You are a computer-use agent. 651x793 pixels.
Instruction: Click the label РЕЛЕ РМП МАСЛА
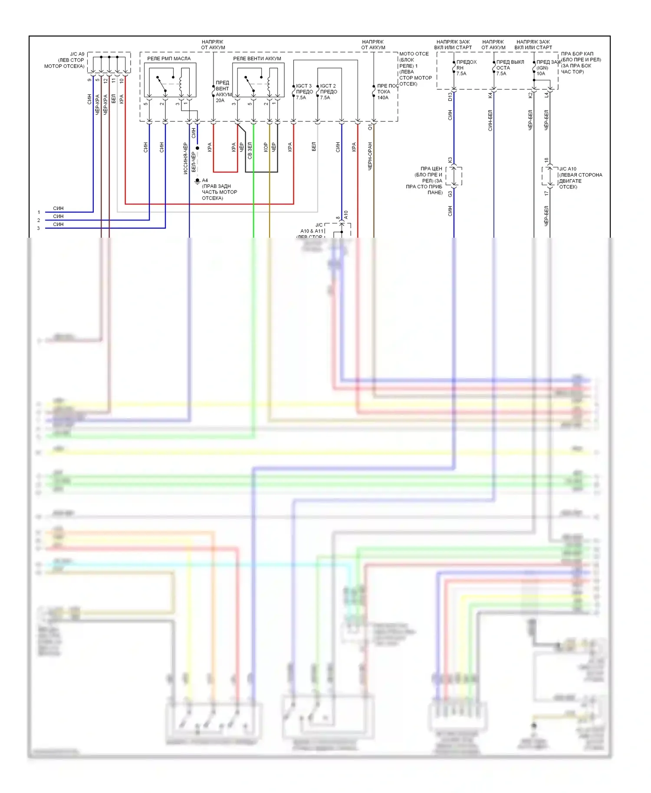point(169,59)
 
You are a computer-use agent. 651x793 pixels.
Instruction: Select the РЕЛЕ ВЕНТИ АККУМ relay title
point(257,59)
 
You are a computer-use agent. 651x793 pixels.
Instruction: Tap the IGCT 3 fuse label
point(304,86)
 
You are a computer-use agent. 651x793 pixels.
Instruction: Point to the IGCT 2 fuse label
point(328,86)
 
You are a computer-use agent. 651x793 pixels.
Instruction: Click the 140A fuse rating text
point(383,98)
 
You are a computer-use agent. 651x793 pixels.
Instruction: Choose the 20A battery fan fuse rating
point(220,101)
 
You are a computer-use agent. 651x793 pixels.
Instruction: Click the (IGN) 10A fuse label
point(542,71)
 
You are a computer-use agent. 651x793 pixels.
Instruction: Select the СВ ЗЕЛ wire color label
point(250,151)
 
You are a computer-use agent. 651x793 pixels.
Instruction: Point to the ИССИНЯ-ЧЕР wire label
point(185,158)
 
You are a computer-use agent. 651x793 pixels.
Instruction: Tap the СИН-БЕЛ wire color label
point(490,121)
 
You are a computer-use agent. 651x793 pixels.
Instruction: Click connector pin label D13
point(450,96)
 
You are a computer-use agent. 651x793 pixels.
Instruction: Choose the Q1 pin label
point(370,127)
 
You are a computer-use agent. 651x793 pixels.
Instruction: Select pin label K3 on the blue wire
point(450,160)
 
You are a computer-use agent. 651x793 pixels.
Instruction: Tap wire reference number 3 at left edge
point(38,228)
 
